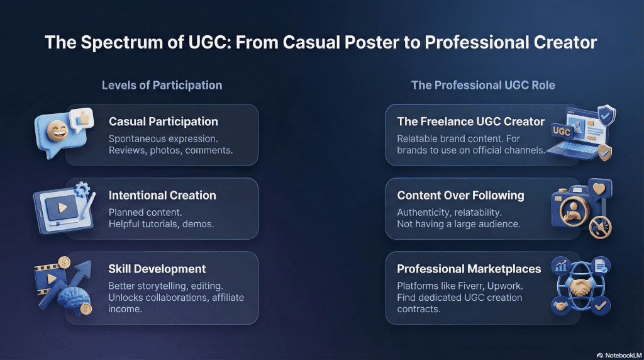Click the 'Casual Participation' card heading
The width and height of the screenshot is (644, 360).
[x=163, y=121]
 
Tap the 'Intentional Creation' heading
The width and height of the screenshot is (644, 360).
[x=162, y=195]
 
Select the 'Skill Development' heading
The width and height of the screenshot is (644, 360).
[x=157, y=269]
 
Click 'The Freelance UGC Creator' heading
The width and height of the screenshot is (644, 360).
[x=470, y=121]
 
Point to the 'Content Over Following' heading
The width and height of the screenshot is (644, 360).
[x=460, y=195]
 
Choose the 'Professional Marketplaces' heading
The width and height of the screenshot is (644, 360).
[x=469, y=269]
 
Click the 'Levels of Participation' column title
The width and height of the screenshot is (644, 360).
[x=162, y=85]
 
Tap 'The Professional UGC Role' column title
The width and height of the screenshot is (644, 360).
[x=483, y=85]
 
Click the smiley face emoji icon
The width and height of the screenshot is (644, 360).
[x=57, y=131]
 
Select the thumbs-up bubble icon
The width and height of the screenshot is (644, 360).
[x=82, y=119]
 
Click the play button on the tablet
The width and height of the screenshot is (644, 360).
[x=62, y=208]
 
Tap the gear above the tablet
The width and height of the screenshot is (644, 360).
[x=82, y=190]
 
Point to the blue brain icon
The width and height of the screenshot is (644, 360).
[x=75, y=298]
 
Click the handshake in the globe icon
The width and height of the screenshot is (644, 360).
[x=579, y=286]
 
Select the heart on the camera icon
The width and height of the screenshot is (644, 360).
[x=599, y=189]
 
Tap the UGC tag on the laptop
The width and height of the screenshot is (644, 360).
[x=562, y=132]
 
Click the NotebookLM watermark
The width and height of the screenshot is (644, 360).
[x=619, y=356]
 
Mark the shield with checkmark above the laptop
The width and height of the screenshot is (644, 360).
[x=606, y=115]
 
